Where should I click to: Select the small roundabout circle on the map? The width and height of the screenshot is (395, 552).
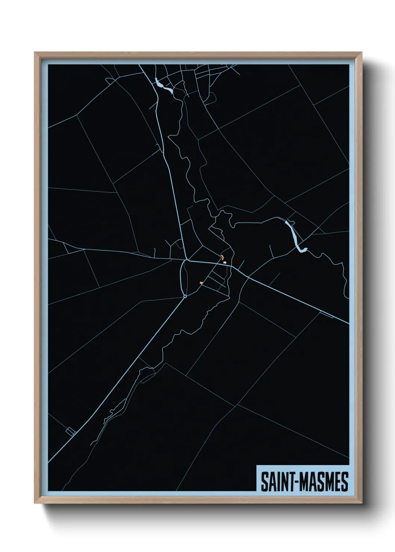click(x=185, y=297)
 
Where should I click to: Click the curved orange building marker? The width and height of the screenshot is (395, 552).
click(x=222, y=257)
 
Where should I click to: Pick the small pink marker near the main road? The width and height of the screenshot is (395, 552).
click(x=225, y=263)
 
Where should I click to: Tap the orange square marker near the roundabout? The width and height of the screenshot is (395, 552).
click(x=201, y=283)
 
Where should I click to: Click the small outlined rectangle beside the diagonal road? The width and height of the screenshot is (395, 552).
click(x=71, y=432)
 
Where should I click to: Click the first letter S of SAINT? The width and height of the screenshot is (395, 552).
click(x=264, y=482)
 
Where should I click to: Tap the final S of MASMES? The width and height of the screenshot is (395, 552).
click(x=344, y=482)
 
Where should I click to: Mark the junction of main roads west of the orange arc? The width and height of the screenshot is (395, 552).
click(x=186, y=260)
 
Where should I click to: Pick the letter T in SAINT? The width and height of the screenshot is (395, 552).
click(x=289, y=482)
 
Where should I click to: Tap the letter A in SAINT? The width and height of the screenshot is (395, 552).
click(x=270, y=482)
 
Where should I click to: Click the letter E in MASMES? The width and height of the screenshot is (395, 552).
click(x=336, y=482)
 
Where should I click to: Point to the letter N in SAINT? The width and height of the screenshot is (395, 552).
click(x=282, y=482)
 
